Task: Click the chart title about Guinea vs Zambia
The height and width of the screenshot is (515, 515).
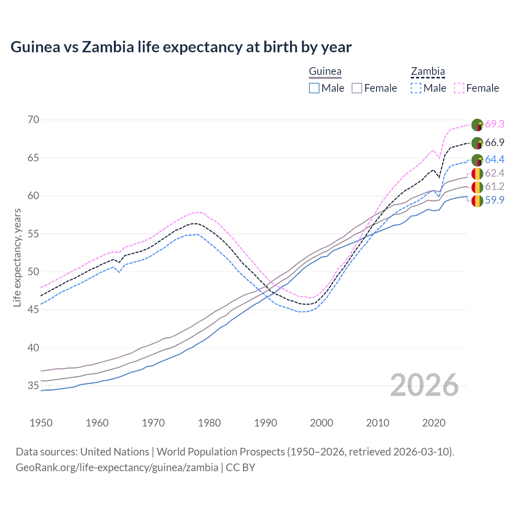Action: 181,47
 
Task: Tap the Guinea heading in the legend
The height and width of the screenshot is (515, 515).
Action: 325,72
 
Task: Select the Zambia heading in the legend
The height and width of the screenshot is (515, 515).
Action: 428,72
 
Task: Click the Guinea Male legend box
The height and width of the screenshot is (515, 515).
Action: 314,88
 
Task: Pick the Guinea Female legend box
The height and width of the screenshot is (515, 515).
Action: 357,88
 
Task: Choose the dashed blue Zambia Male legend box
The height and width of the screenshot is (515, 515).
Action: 416,88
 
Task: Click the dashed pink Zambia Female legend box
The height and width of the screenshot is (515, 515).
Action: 459,88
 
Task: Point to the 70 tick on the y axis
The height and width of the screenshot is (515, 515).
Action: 33,120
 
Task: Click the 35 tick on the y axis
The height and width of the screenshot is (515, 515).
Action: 33,386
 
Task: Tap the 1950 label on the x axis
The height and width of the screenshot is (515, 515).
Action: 41,423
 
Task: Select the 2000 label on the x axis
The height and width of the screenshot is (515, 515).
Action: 321,423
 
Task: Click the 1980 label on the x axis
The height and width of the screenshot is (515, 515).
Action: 209,423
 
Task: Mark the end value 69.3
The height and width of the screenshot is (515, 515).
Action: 494,124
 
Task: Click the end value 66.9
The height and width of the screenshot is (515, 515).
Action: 494,143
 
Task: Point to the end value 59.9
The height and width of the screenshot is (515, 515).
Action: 494,200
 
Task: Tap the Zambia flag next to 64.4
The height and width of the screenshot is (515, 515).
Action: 477,160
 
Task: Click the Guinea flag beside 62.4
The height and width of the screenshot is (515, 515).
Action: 477,173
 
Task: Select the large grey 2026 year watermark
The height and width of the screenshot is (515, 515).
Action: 424,385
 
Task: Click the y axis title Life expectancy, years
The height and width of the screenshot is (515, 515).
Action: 17,257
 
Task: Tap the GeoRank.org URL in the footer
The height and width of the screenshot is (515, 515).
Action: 117,468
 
